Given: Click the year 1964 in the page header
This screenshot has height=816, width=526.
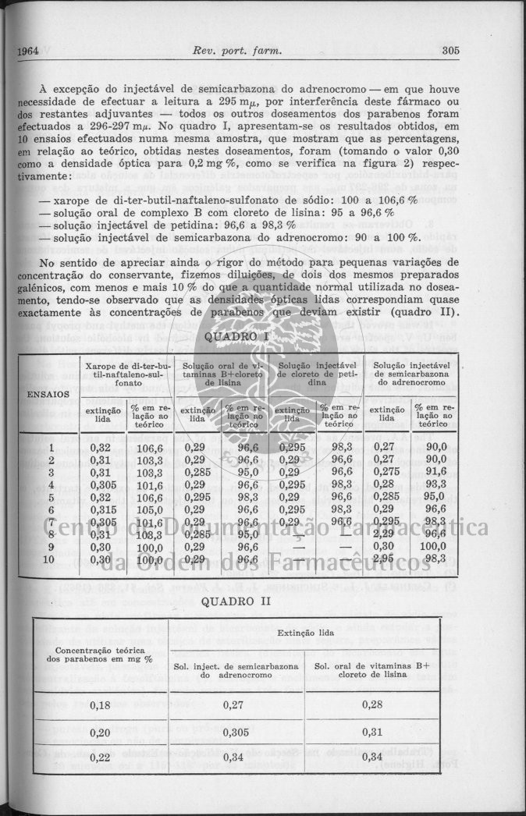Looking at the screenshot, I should click(27, 51).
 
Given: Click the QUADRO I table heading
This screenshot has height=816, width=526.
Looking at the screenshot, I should click(236, 336).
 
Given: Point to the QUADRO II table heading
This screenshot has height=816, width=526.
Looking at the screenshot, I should click(234, 601).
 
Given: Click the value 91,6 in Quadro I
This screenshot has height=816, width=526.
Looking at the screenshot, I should click(435, 471).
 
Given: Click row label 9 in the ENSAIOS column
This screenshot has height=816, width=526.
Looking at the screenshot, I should click(50, 547).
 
